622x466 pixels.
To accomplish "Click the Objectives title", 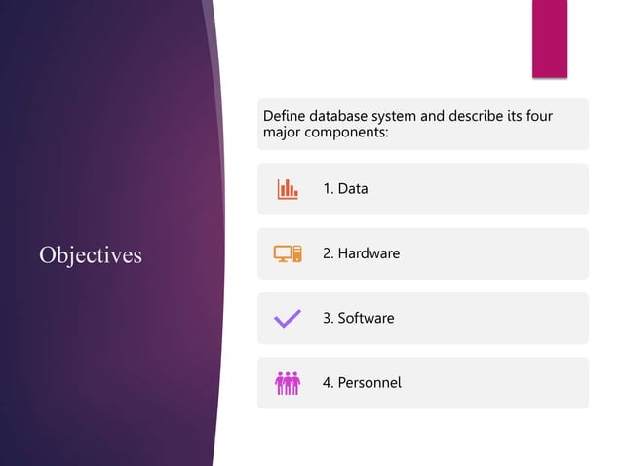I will point(91,255).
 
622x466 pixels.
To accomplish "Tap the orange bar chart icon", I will point(288,189).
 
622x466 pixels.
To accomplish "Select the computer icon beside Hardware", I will point(288,253).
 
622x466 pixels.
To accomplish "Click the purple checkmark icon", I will point(288,318).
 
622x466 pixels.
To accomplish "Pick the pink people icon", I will point(288,383).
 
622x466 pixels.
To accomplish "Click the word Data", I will point(353,189).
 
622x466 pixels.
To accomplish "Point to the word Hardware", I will point(369,253).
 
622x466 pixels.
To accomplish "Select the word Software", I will point(366,318).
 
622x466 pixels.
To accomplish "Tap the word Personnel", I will point(369,383).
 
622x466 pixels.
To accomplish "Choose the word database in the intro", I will point(345,117).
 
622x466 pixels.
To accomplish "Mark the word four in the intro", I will point(539,117).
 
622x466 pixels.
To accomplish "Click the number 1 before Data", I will point(327,189).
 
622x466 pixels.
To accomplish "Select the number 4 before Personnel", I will point(327,383).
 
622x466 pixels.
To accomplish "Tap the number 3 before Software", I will point(327,318).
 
